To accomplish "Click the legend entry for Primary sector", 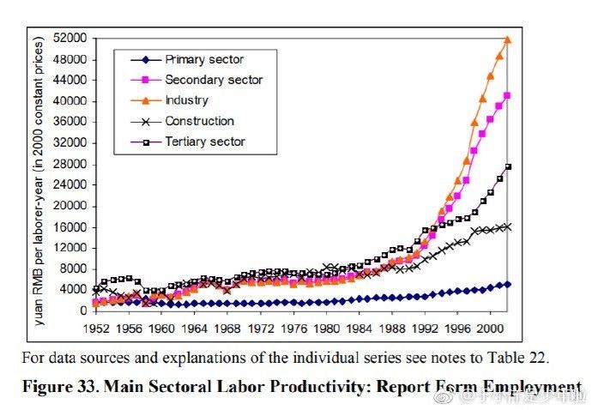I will coord(203,60).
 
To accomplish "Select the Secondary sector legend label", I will coord(214,80).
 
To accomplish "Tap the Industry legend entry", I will coord(186,100).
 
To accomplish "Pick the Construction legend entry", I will coord(199,121).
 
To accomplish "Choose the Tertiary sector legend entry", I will coord(205,142).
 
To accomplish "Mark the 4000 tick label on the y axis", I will coord(76,289).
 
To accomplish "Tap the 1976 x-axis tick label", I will coord(294,327).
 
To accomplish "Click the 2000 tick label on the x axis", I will coord(490,327).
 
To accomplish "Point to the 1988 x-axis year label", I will coord(392,327).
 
